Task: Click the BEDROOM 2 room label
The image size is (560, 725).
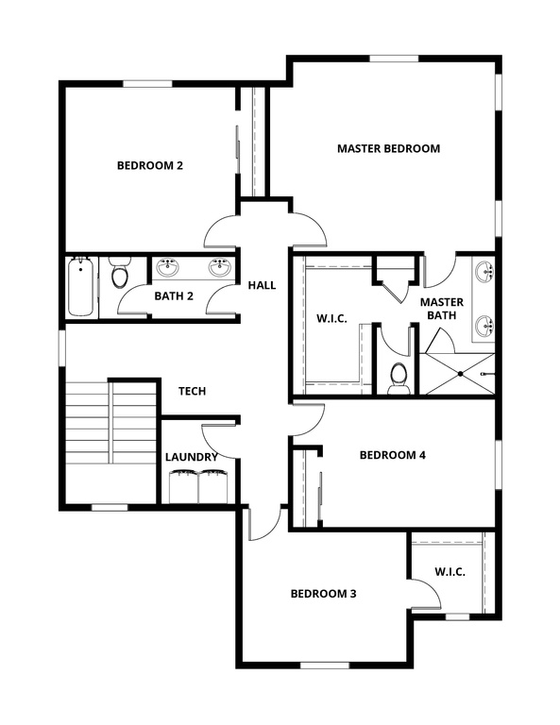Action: (149, 165)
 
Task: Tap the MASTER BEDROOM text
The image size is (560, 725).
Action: (388, 148)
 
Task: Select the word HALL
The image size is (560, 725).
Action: (262, 285)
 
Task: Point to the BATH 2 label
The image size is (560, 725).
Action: (174, 296)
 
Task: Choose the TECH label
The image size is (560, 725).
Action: (193, 391)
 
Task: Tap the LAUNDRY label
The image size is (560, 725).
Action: (192, 457)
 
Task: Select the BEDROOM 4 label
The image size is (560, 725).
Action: (393, 455)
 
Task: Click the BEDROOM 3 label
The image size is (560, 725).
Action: (323, 594)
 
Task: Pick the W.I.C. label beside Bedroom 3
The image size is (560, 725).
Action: (450, 571)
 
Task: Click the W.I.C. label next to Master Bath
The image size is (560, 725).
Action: (331, 319)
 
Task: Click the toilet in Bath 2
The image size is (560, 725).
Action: (119, 273)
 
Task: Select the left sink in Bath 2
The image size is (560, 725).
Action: (168, 267)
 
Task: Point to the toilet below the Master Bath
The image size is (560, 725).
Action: (399, 377)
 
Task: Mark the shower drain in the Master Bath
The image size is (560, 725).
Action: (460, 374)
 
